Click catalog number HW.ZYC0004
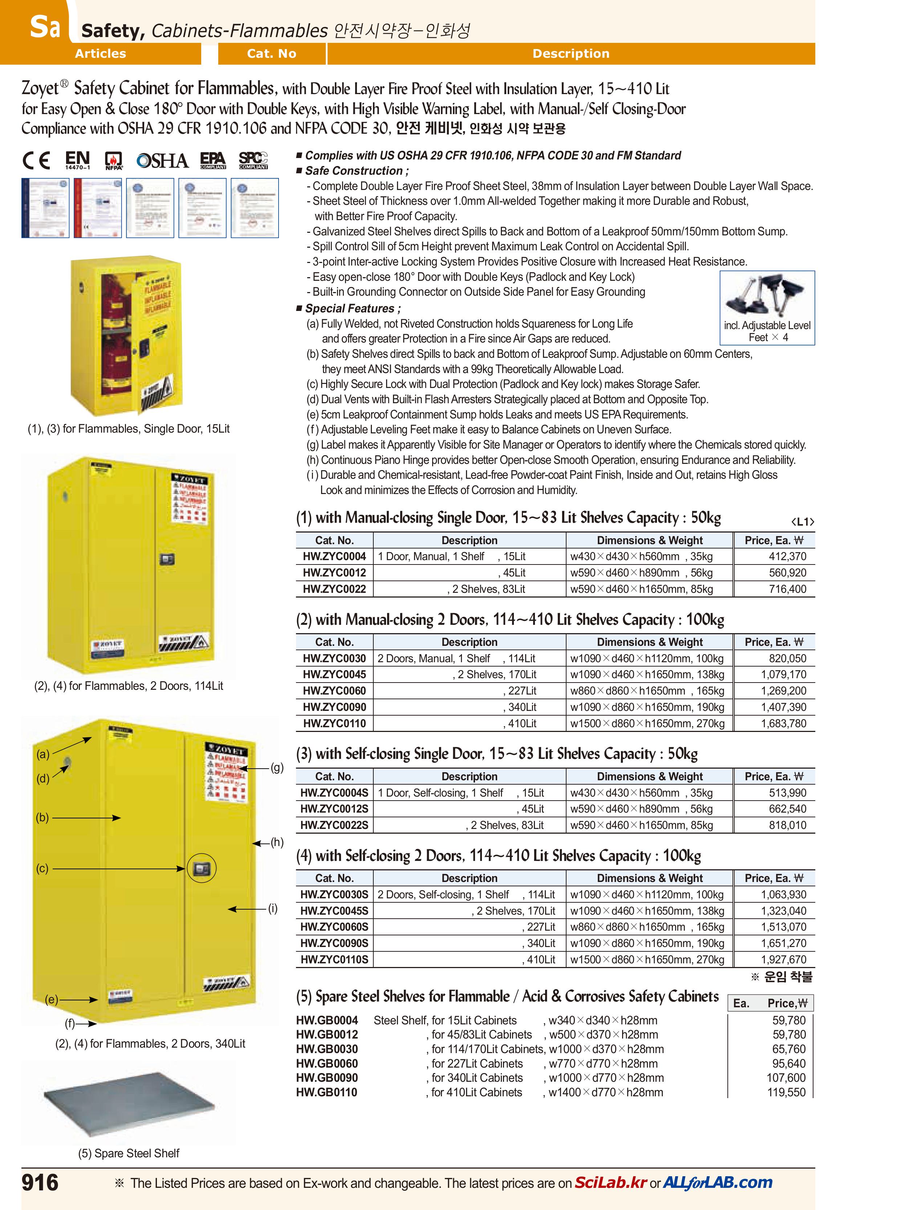[334, 557]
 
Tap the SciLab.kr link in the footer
[610, 1182]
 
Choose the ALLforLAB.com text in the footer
[718, 1182]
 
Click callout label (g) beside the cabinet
[277, 768]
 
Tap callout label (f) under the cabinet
[70, 1023]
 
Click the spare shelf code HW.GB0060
[327, 1063]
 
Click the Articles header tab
[100, 53]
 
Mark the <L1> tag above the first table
[802, 522]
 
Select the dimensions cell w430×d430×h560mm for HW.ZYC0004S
[625, 793]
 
